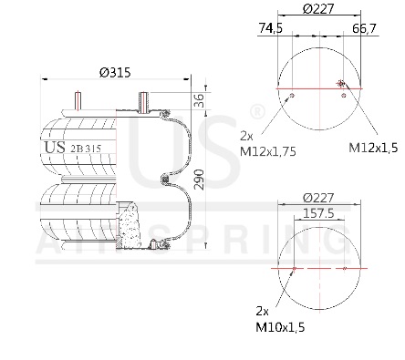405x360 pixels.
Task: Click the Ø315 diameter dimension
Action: coord(115,73)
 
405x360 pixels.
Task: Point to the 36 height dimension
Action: coord(199,100)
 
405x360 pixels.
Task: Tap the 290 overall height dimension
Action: coord(199,180)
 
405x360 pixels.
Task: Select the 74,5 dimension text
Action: coord(271,28)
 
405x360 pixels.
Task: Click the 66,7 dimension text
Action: coord(364,28)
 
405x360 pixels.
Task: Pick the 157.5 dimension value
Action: coord(318,213)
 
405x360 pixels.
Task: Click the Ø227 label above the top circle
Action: coord(318,9)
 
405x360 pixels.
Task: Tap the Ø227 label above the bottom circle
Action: coord(318,198)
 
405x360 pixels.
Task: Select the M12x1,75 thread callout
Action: coord(268,151)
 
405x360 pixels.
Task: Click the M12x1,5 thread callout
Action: coord(373,148)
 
